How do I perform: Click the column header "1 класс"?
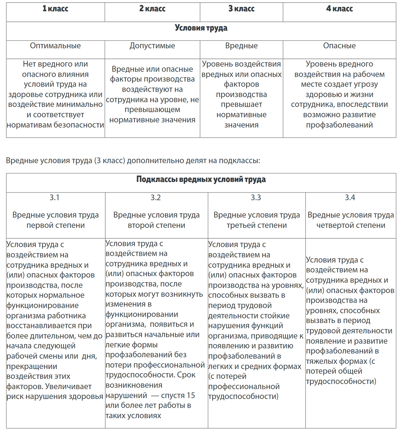coord(55,9)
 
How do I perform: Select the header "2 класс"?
coord(152,9)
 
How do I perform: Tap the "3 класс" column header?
coord(241,9)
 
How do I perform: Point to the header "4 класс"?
coord(339,9)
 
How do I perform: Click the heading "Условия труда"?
coord(201,28)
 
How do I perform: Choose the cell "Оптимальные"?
coord(55,46)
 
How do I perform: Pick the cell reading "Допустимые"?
coord(152,46)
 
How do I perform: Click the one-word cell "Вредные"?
coord(241,46)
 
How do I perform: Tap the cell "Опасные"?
coord(339,46)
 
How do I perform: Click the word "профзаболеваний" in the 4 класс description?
coord(339,125)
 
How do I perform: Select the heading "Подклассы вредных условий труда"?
coord(201,179)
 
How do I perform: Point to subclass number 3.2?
coord(156,198)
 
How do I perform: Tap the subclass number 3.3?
coord(256,198)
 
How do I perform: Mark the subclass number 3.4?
coord(350,198)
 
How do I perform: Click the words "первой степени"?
coord(55,225)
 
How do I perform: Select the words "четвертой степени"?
coord(351,225)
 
